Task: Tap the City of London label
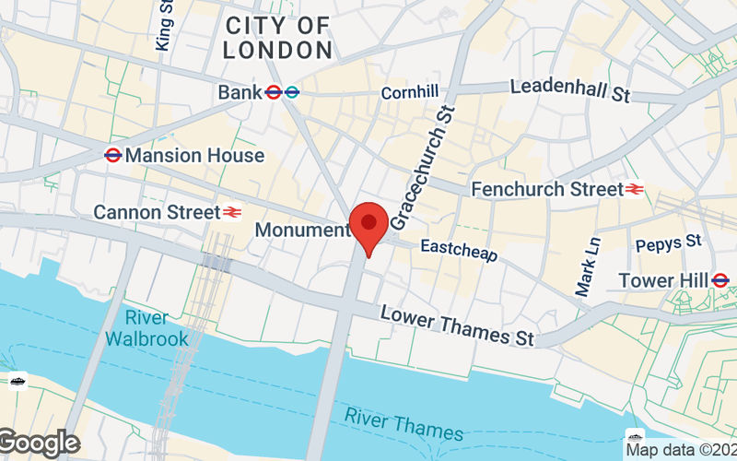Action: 277,38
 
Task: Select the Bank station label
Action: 240,92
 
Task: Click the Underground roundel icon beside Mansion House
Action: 113,155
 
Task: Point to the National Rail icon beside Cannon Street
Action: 232,213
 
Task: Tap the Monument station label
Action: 302,230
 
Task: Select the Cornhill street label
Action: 410,92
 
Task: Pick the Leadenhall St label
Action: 568,90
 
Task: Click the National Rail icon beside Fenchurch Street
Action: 635,189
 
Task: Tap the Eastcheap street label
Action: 458,249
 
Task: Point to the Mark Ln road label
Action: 587,266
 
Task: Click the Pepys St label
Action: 670,243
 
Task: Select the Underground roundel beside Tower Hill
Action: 720,280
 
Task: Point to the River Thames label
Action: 404,423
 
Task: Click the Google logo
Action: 39,443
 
